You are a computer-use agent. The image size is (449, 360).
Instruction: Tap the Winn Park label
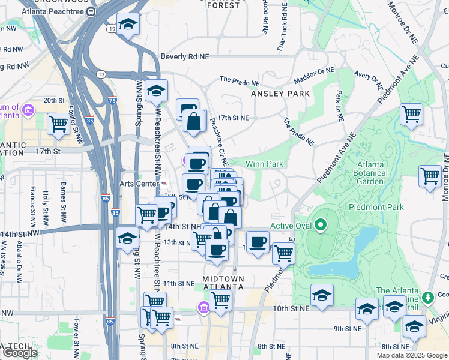(x=264, y=164)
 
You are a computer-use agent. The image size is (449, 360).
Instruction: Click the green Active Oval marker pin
(x=321, y=226)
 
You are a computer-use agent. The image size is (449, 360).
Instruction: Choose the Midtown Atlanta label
(x=223, y=283)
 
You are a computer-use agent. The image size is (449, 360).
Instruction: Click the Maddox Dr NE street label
(x=313, y=76)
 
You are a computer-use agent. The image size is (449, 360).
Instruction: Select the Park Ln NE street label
(x=340, y=103)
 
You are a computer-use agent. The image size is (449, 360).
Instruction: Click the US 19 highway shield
(x=112, y=28)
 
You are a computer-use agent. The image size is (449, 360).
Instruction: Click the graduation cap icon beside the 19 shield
(x=127, y=25)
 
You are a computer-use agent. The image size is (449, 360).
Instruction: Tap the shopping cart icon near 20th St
(x=58, y=124)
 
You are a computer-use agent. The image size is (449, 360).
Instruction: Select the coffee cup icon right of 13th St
(x=258, y=242)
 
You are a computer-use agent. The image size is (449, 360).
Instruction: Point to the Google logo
(x=20, y=353)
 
